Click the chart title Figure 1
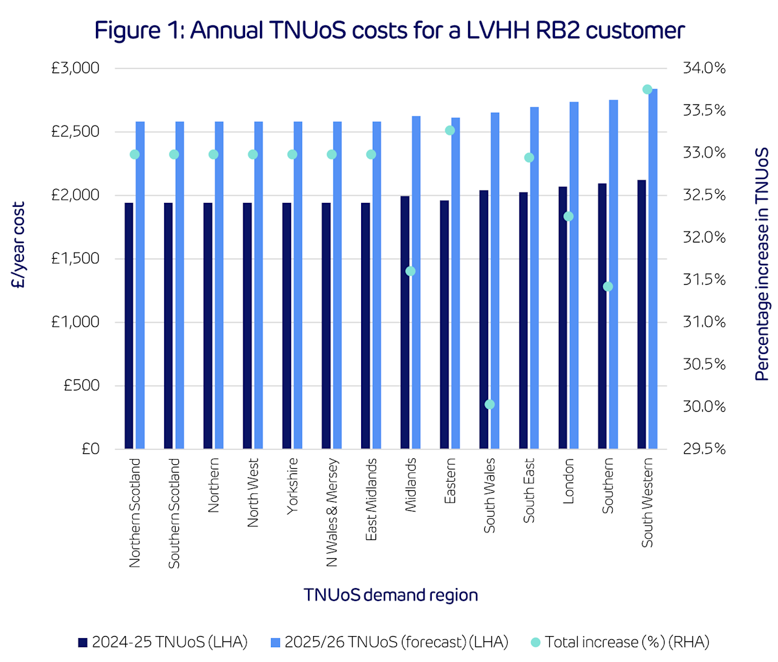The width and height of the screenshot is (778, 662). [x=389, y=30]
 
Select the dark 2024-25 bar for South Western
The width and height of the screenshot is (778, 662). [x=641, y=314]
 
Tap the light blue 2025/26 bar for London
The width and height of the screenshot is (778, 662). [x=574, y=276]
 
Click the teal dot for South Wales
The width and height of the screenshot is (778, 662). [x=489, y=405]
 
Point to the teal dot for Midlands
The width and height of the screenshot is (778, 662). [x=410, y=271]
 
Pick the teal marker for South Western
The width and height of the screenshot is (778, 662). [x=647, y=89]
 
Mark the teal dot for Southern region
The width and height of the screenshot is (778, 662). [x=607, y=287]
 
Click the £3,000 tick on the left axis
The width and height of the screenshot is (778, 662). [x=75, y=68]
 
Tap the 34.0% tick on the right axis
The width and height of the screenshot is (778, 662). [x=703, y=68]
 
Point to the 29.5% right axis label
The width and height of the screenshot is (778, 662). [x=703, y=449]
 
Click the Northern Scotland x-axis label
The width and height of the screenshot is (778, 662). [x=135, y=513]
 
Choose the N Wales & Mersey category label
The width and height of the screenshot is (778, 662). [x=332, y=512]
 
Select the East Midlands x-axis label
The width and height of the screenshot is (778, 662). [x=371, y=500]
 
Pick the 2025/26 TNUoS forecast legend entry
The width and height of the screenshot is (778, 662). [x=389, y=642]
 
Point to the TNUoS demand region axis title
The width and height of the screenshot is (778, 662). [x=391, y=595]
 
